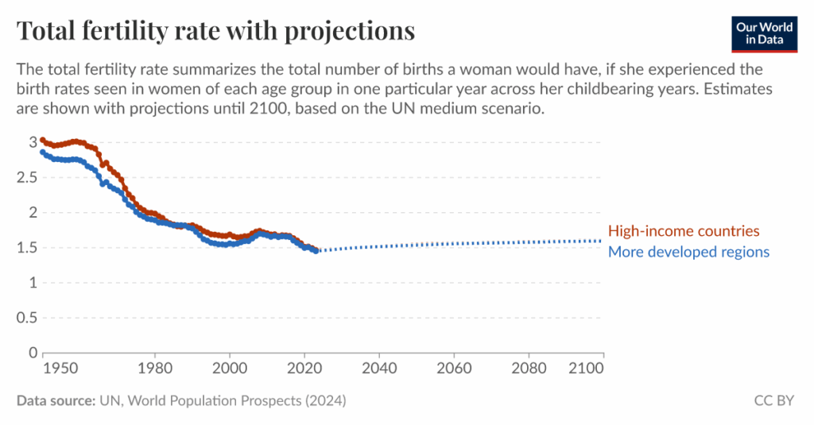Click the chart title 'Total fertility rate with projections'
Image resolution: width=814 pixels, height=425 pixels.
coord(215,31)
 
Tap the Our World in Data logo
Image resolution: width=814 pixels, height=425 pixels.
coord(765,33)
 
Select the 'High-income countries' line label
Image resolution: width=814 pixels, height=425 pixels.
coord(684,231)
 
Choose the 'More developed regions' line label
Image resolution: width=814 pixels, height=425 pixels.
coord(688,252)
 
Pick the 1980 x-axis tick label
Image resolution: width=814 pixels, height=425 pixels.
coord(155,369)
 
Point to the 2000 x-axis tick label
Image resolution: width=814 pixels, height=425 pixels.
coord(230,369)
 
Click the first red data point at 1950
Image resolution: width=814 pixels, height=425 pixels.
coord(43,140)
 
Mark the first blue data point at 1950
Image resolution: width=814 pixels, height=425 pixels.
coord(43,153)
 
